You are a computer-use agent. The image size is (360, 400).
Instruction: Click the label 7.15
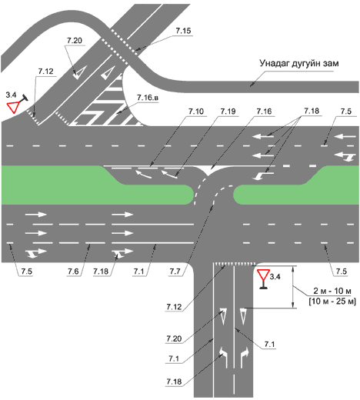(183, 31)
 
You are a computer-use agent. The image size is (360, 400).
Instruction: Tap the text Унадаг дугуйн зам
(299, 63)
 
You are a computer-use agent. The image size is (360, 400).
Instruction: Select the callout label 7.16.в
(148, 98)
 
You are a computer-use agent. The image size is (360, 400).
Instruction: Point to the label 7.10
(196, 112)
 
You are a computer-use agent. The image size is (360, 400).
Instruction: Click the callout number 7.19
(228, 112)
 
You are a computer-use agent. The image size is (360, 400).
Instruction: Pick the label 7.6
(73, 272)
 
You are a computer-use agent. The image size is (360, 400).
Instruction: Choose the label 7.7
(175, 272)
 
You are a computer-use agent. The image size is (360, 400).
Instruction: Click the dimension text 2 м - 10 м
(332, 291)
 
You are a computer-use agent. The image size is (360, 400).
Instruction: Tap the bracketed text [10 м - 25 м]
(332, 301)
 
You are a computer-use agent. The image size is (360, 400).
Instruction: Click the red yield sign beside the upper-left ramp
(13, 107)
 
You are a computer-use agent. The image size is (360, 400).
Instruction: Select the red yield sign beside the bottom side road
(263, 275)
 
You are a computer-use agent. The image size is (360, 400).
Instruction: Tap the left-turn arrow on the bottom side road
(223, 357)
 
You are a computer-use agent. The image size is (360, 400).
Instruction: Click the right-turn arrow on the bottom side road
(244, 357)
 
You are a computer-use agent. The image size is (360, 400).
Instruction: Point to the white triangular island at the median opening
(210, 169)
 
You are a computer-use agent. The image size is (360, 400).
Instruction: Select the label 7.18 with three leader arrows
(312, 112)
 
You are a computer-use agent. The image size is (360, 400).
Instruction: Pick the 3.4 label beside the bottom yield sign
(275, 277)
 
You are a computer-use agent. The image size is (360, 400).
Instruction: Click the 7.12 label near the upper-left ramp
(45, 72)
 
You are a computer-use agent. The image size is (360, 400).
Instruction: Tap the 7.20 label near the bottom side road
(174, 338)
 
